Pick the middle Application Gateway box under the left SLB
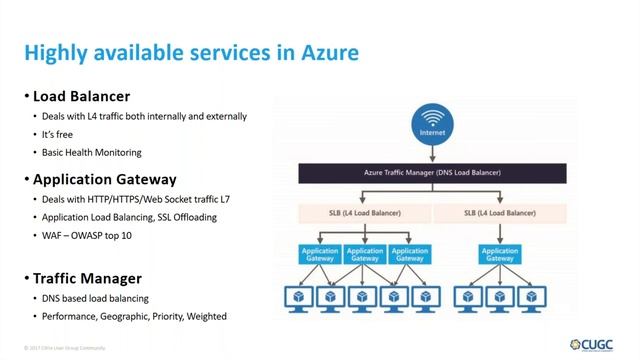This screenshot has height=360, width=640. tap(366, 256)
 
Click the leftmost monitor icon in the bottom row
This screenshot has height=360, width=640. tap(296, 297)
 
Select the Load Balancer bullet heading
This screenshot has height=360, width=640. tap(81, 97)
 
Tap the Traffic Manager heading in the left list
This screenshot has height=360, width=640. tap(87, 277)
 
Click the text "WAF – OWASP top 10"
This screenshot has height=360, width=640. tap(85, 236)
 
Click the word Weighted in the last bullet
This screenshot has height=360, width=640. tap(205, 316)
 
